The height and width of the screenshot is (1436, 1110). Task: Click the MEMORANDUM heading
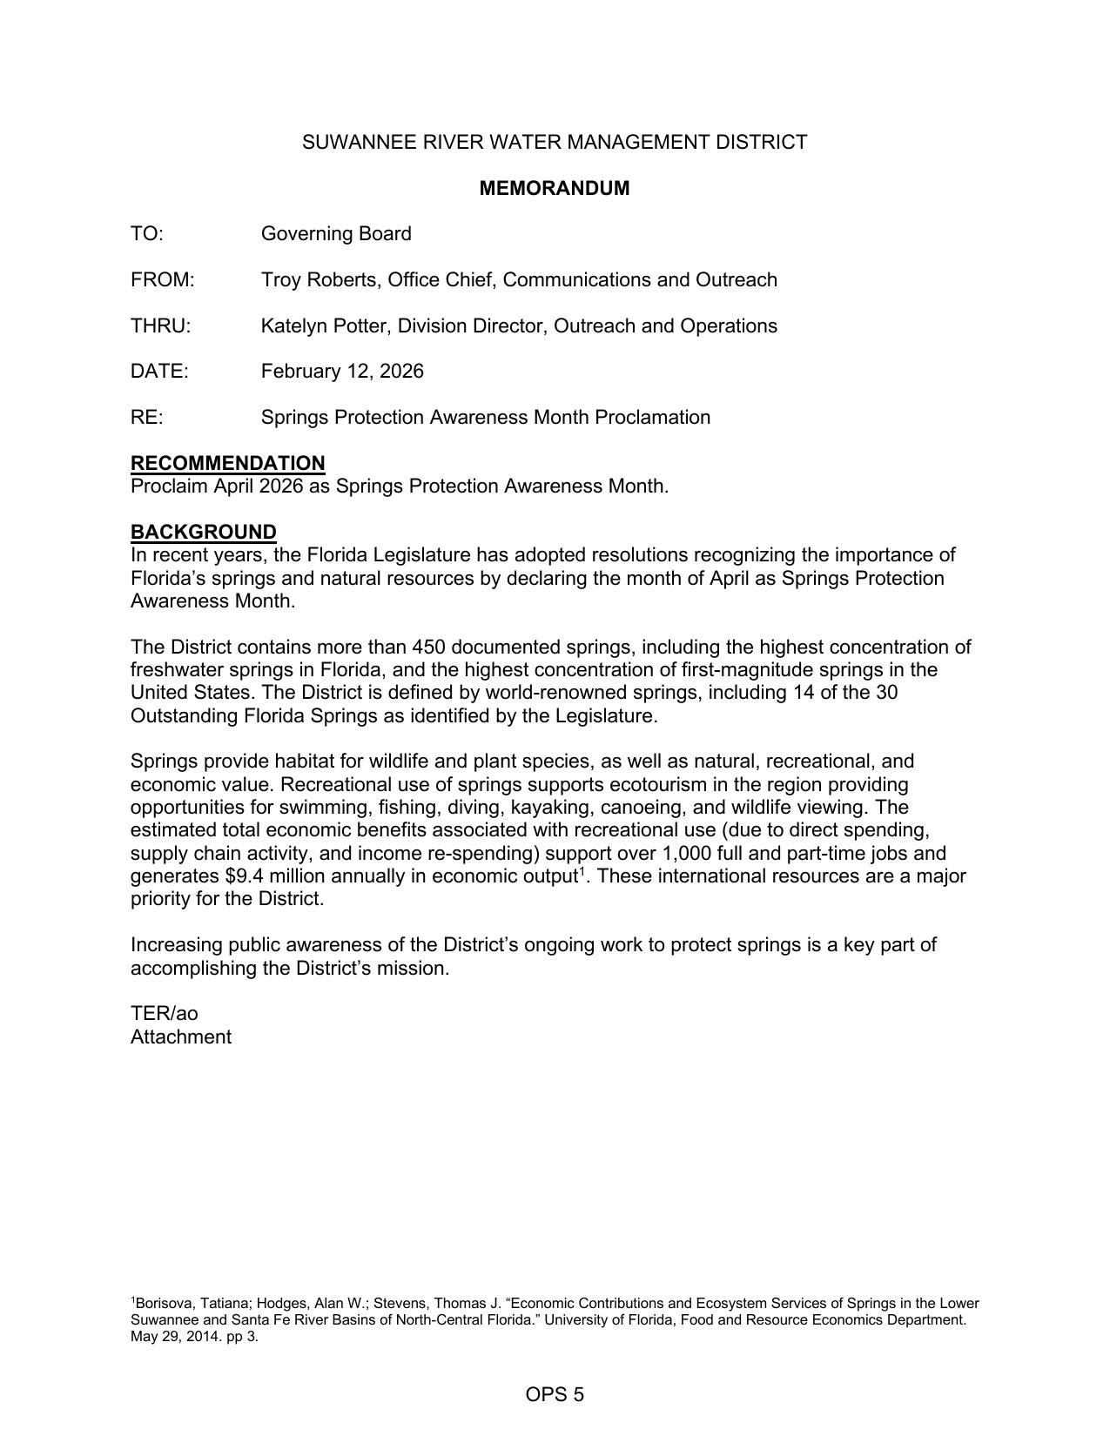[555, 188]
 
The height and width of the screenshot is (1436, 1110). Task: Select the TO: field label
[147, 234]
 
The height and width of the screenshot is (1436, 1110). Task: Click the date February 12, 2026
[342, 372]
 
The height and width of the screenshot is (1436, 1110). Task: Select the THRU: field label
[160, 326]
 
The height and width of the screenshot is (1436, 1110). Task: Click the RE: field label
[146, 418]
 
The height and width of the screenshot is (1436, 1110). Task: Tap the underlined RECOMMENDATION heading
[227, 463]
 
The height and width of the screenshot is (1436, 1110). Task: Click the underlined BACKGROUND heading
[203, 532]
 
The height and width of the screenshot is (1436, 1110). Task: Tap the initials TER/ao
[164, 1014]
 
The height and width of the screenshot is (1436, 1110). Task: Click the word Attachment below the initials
[181, 1037]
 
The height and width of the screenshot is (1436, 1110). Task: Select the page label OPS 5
[555, 1395]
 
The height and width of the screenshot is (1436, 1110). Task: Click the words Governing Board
[336, 234]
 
